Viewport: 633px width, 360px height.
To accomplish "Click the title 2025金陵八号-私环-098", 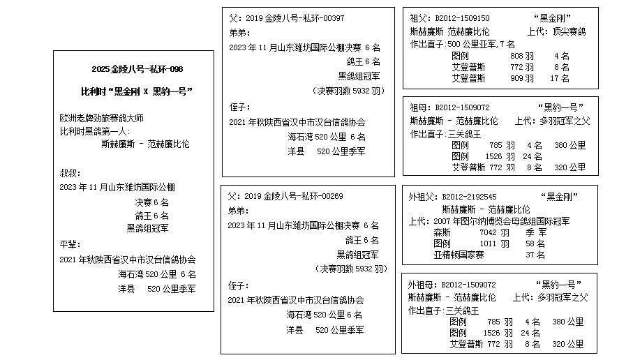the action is pos(137,69).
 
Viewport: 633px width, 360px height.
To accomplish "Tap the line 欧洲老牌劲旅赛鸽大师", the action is pos(101,118).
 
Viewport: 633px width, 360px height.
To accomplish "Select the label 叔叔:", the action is pos(70,174).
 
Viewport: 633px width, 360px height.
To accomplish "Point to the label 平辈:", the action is pos(70,244).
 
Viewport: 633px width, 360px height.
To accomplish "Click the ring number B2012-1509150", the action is pos(462,18).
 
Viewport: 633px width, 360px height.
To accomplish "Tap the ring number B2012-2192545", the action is pos(469,197).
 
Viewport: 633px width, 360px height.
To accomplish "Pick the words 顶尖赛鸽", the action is pos(569,31).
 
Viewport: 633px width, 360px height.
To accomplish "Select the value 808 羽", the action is pos(522,56).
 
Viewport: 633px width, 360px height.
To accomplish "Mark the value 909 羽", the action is pos(522,78).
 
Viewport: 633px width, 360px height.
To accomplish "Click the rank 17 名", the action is pos(560,78).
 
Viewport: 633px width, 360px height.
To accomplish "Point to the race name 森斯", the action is pos(442,232).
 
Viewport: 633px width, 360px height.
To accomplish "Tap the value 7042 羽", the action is pos(495,232).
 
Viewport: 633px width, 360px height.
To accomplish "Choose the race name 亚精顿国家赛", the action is pos(459,255).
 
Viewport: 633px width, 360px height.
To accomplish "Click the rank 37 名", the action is pos(535,255).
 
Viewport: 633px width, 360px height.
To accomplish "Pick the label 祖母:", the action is pos(421,107).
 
